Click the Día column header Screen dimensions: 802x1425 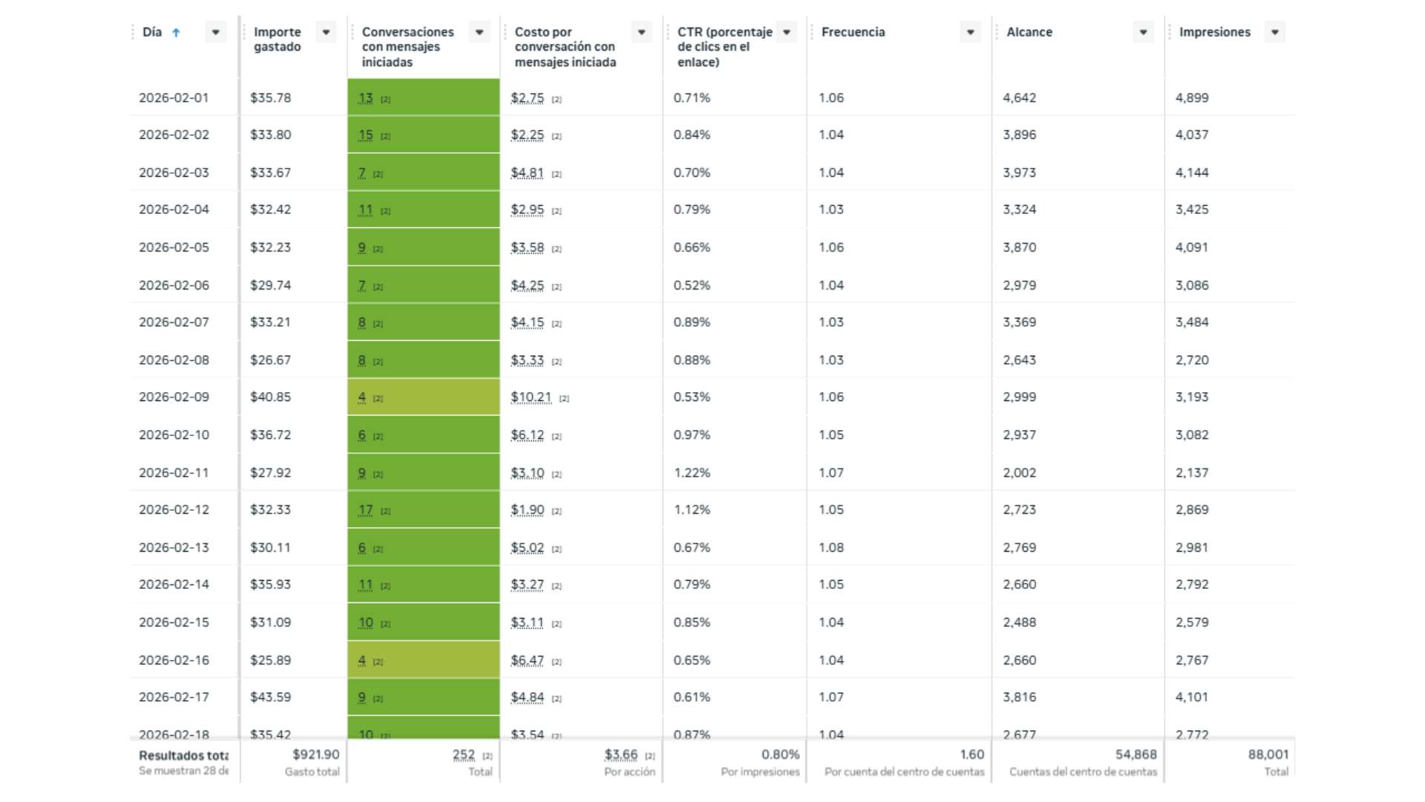(152, 32)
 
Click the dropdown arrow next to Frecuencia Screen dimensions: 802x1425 (970, 32)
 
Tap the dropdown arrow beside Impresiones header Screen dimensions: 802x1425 (1274, 32)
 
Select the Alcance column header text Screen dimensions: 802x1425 (1029, 32)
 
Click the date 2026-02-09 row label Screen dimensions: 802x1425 (174, 397)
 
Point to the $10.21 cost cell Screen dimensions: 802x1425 (531, 397)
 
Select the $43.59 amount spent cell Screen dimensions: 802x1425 (270, 697)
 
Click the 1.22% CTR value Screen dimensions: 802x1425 (692, 473)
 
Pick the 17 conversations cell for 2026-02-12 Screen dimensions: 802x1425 (365, 510)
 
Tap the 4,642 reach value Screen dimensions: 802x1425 (1019, 98)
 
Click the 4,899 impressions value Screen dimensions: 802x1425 (1192, 98)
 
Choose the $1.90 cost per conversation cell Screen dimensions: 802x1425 (527, 510)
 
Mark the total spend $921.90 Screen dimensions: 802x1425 (315, 754)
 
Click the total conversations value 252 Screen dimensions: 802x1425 (463, 754)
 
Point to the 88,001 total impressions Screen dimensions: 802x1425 (1268, 754)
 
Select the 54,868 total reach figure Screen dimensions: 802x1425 (1136, 754)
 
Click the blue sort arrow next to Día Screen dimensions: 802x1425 (176, 33)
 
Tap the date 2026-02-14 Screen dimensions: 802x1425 (174, 584)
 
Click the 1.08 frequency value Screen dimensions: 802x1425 (831, 548)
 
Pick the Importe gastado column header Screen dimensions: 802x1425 (277, 39)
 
